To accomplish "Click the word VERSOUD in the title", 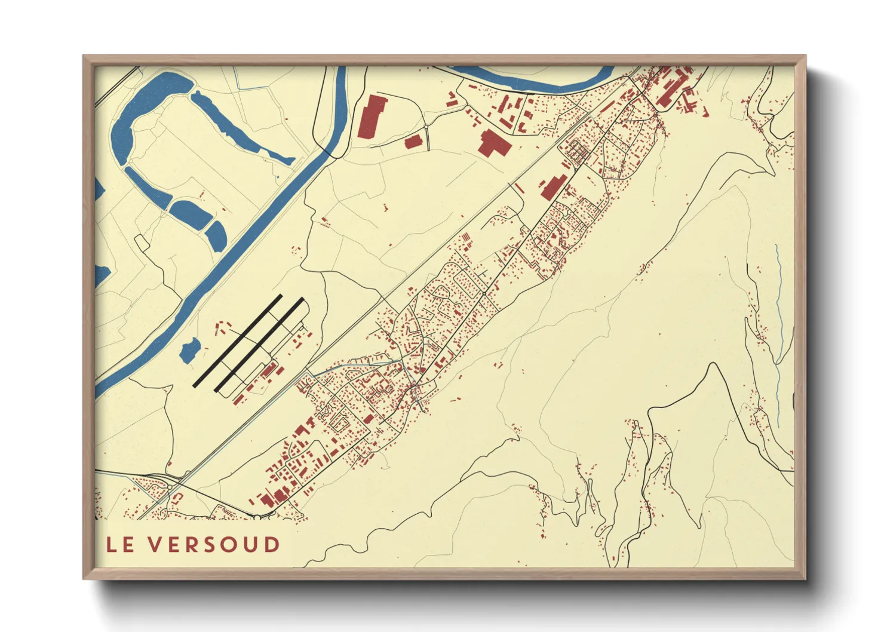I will [x=214, y=545].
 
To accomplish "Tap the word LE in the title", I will [x=120, y=545].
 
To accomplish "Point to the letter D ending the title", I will [x=273, y=545].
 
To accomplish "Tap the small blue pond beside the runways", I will [x=190, y=350].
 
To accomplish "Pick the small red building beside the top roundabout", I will [x=413, y=142].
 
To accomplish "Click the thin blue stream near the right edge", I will [x=779, y=335].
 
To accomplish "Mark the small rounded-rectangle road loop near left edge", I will [x=142, y=241].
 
